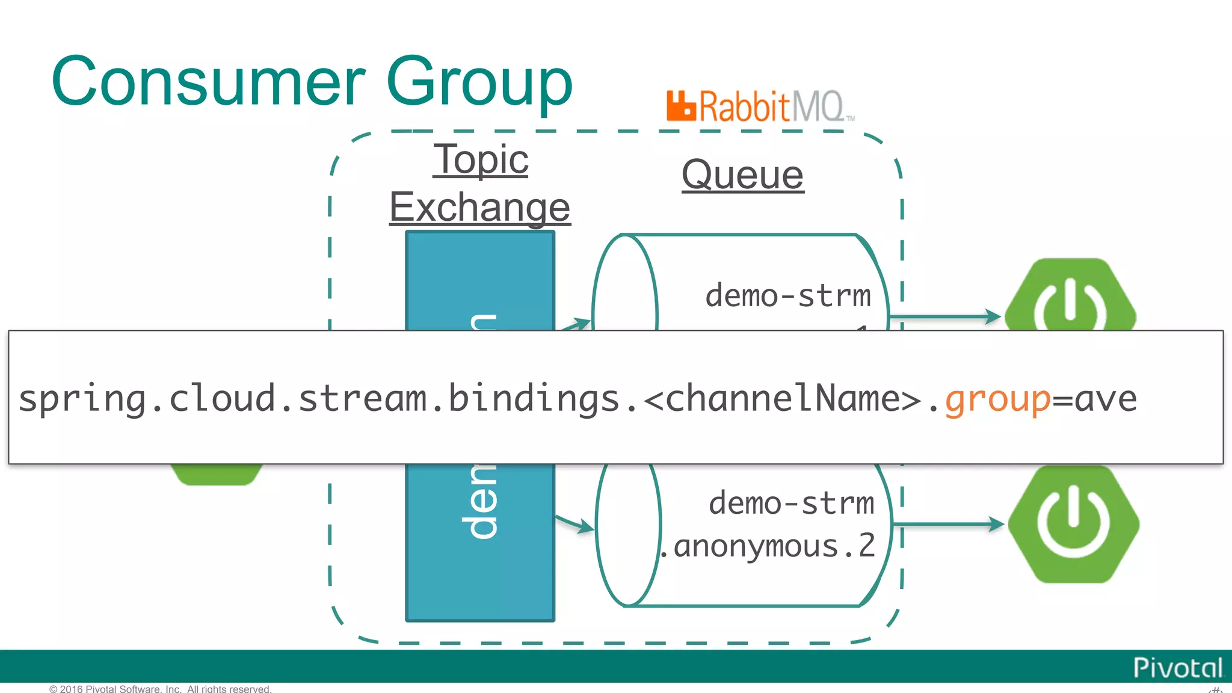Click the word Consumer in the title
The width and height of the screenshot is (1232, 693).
tap(208, 82)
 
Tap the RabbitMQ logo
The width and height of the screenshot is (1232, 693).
tap(760, 106)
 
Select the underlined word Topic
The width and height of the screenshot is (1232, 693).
tap(481, 159)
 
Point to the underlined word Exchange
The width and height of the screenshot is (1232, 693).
tap(479, 207)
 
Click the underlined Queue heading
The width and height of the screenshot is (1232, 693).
tap(742, 175)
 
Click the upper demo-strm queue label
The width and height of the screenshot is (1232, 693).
tap(787, 296)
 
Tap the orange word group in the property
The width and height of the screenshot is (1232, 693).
tap(997, 399)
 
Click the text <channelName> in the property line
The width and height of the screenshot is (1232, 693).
tap(782, 399)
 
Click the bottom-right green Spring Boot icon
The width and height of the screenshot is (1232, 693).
tap(1073, 524)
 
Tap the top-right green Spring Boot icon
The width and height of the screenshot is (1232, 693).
tap(1070, 298)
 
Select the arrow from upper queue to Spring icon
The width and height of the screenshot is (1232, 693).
tap(944, 316)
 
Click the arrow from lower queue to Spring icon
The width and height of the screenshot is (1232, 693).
tap(947, 525)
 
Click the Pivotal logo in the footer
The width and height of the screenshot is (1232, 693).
tap(1177, 668)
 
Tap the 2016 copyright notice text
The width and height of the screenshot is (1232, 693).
tap(161, 688)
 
